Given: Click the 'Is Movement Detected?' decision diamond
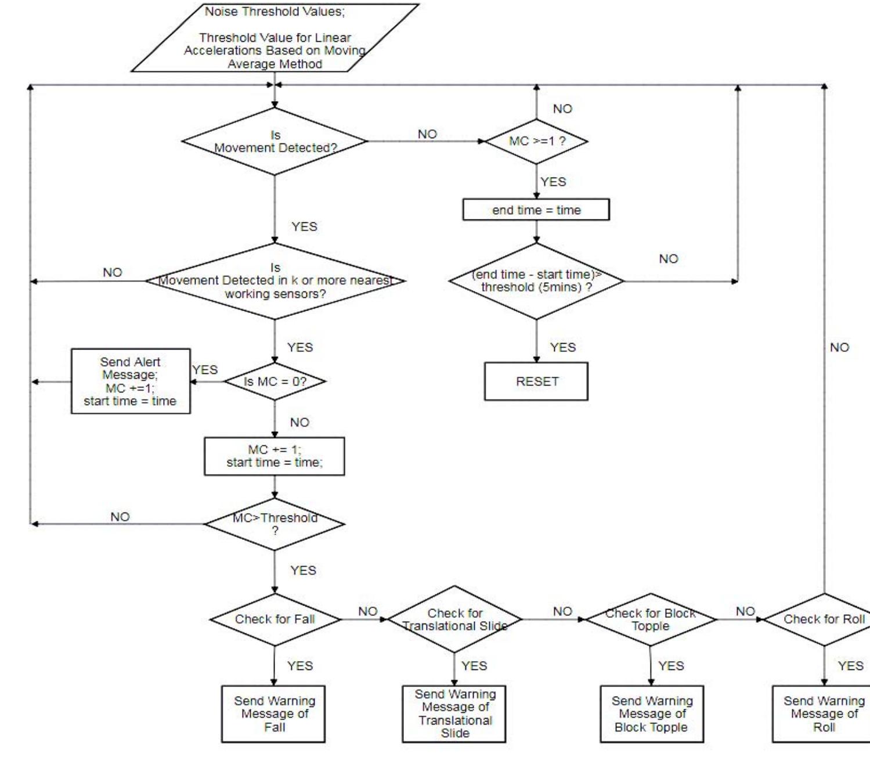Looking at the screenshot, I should [x=275, y=141].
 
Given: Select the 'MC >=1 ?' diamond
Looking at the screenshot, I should [x=536, y=141].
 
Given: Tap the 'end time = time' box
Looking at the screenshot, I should [x=536, y=210].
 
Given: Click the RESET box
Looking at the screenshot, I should [x=536, y=381].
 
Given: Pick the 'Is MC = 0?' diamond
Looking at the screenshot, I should [x=275, y=381].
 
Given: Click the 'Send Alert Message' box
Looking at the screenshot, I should [x=131, y=381].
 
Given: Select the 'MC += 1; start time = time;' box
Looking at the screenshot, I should [x=274, y=456].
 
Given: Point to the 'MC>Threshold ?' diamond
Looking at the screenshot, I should [x=275, y=524].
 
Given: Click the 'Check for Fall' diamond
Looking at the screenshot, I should [x=275, y=619].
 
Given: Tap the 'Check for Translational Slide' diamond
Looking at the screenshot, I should [x=454, y=619].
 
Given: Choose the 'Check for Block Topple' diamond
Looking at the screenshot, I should [x=651, y=619].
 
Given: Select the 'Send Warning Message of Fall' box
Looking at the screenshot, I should [x=273, y=714].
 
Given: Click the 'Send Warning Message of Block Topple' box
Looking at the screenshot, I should [x=651, y=714].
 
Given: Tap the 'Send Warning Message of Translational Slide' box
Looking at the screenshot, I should [x=454, y=714].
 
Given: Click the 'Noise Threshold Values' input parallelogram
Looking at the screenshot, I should [x=275, y=38].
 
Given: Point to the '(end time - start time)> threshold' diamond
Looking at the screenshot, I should [x=536, y=281].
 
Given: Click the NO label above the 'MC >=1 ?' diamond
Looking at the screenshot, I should [x=562, y=109].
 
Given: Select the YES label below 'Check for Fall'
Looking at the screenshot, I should [x=299, y=666].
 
